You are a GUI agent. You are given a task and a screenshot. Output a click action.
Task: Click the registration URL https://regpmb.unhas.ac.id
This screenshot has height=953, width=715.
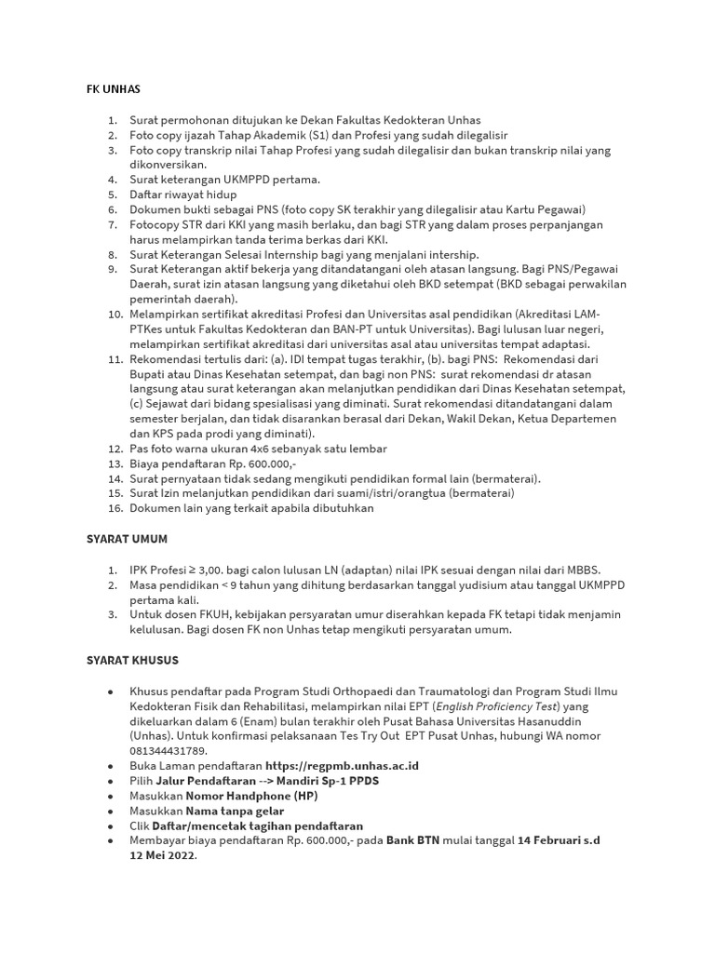tap(342, 765)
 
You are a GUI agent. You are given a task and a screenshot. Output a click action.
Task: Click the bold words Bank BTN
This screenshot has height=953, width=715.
tap(413, 840)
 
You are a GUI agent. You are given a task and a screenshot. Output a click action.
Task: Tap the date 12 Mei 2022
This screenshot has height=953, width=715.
tap(162, 855)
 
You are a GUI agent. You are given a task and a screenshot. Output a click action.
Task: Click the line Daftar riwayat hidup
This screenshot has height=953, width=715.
tap(183, 195)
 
